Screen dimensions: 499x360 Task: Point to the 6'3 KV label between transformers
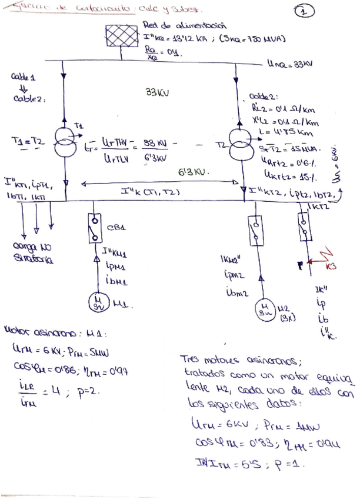(195, 173)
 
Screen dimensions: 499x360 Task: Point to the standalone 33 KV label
(156, 92)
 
